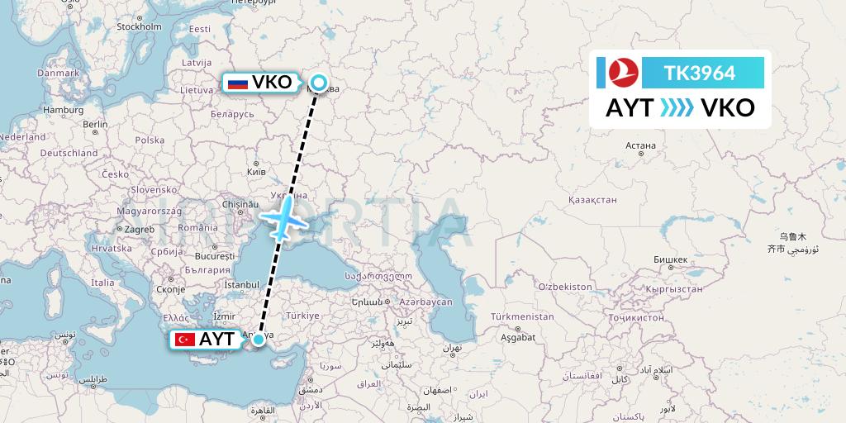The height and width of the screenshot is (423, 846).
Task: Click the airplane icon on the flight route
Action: coord(285,217)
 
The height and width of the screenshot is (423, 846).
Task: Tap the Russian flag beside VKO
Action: coord(238,83)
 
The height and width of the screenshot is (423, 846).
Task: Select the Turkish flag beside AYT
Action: coord(184,340)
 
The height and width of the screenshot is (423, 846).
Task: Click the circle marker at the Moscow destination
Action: coord(318,83)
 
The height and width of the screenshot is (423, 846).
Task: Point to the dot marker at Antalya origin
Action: coord(259,339)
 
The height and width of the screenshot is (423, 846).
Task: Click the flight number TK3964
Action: coord(699,73)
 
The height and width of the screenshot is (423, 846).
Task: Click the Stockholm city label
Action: coord(138,26)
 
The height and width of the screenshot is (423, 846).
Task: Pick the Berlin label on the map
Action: coord(95,125)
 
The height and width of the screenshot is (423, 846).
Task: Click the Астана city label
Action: coord(640,145)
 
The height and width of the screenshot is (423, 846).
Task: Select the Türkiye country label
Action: coord(302,316)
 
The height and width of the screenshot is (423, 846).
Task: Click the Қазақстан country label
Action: coord(592,200)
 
